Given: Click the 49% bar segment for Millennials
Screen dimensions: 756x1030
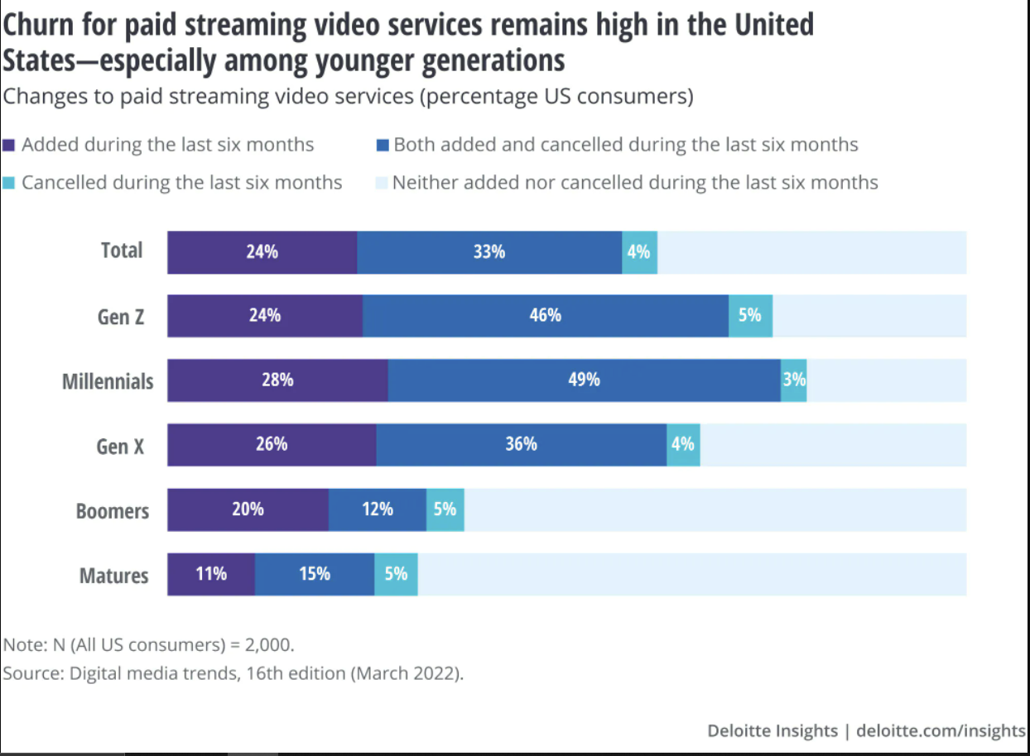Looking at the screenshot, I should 584,380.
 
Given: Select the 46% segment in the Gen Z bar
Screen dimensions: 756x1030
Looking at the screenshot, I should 545,316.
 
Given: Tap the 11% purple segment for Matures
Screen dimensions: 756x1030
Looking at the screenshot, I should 211,574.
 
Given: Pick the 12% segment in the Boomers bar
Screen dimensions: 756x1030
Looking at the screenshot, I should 377,510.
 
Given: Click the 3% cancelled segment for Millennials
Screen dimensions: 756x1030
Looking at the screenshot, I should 793,380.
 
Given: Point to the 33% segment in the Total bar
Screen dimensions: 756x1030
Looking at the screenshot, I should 489,252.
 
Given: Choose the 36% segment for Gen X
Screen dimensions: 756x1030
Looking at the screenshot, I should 521,445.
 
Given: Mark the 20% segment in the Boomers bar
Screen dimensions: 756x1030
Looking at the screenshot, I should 248,510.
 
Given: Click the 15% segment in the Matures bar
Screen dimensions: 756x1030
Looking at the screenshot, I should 315,574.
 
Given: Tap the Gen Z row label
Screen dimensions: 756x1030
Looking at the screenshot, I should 121,317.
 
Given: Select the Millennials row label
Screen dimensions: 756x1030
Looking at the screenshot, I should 108,381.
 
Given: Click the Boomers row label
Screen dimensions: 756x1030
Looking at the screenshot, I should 113,511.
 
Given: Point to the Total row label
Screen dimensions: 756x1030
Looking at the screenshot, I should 122,251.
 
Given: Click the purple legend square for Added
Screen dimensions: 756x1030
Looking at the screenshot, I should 9,146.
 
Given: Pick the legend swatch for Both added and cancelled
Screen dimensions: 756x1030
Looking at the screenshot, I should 382,146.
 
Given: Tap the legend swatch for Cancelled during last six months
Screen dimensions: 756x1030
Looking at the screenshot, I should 9,183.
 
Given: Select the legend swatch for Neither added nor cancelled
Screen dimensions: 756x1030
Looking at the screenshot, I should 382,183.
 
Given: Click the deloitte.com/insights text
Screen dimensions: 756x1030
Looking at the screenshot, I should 941,731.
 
